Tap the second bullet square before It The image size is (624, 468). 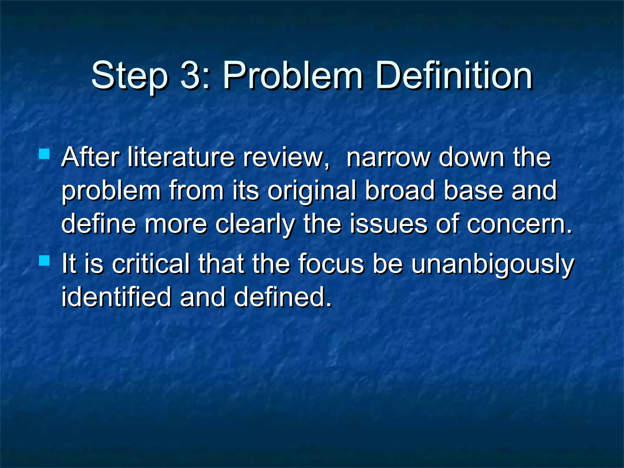[44, 261]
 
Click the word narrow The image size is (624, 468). [388, 158]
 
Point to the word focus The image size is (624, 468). [331, 264]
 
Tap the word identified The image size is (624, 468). [116, 297]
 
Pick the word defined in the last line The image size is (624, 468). [282, 297]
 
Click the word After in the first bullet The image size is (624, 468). [90, 158]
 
